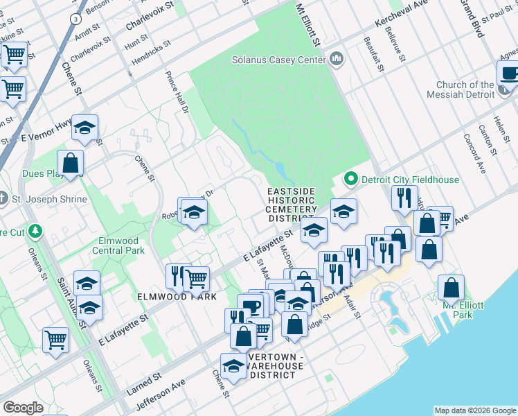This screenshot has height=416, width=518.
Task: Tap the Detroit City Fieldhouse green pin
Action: (350, 180)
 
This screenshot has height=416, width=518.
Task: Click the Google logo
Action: (23, 408)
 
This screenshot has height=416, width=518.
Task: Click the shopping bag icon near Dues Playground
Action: (71, 164)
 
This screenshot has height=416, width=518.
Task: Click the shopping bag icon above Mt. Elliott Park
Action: (451, 288)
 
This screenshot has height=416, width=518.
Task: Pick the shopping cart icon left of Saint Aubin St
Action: (56, 340)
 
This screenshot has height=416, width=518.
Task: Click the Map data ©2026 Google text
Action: (474, 410)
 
